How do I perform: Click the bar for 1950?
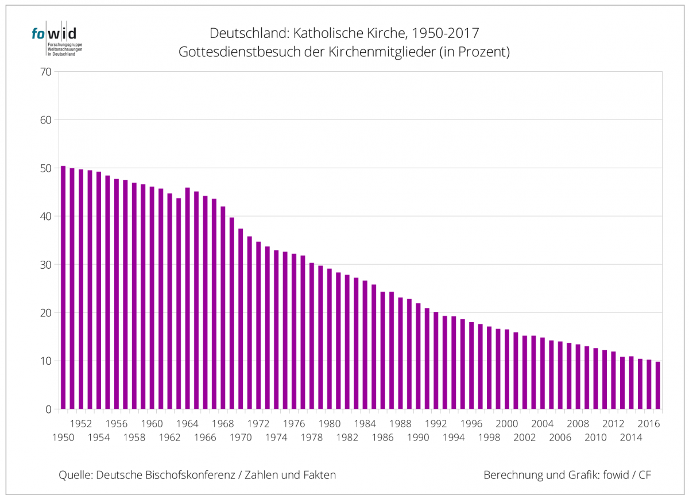63,287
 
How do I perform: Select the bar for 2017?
658,385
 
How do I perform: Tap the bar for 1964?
187,298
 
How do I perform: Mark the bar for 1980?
330,339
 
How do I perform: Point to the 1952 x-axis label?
81,424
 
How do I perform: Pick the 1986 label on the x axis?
383,438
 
